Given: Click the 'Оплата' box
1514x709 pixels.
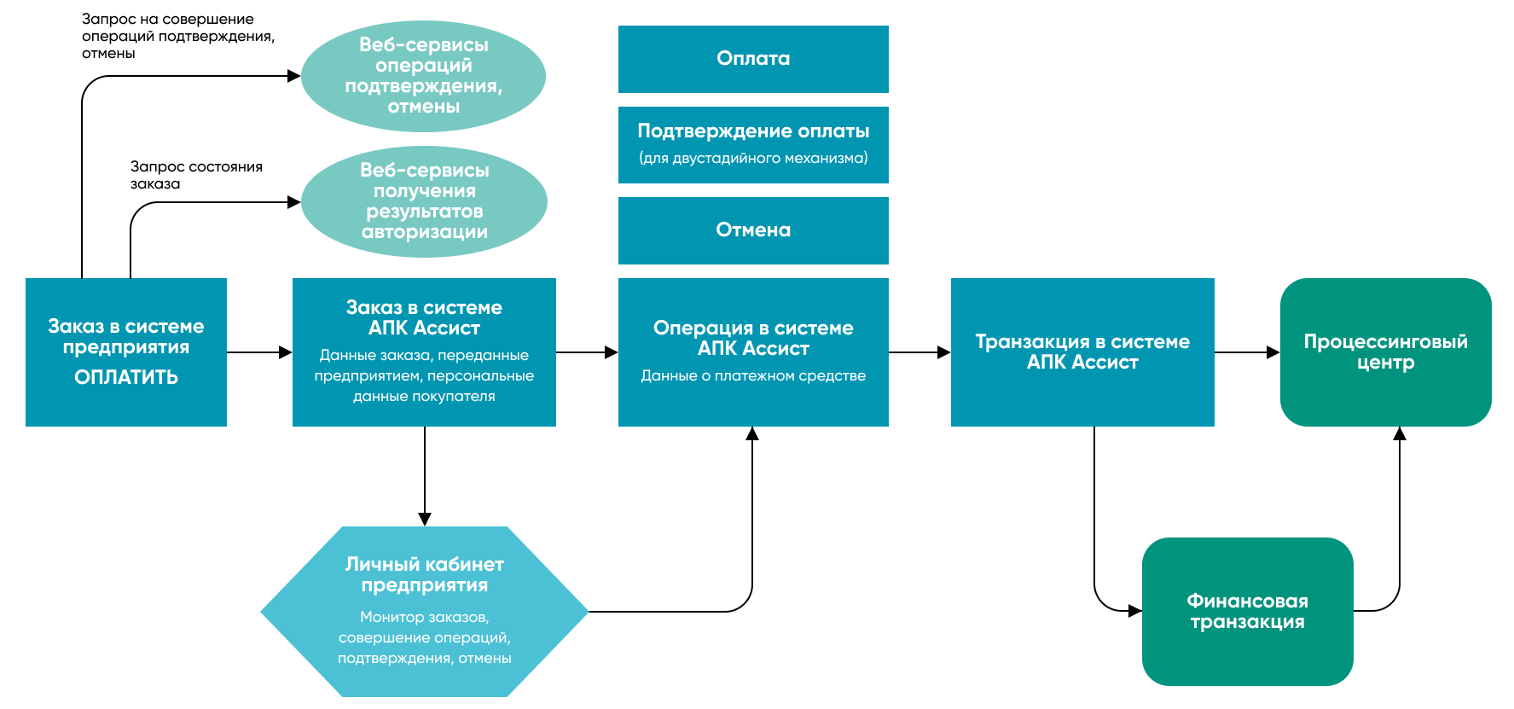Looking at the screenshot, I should click(753, 59).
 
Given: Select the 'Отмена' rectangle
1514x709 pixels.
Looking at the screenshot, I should click(753, 230).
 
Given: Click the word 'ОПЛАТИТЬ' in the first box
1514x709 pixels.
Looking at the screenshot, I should click(126, 377).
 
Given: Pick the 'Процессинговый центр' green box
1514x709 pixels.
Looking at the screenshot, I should click(1385, 352).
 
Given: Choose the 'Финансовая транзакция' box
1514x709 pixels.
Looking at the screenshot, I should click(1247, 611).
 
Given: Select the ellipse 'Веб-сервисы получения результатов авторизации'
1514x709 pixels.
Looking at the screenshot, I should click(424, 201).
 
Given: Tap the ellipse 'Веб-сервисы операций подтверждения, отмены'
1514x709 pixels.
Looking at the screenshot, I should click(424, 76).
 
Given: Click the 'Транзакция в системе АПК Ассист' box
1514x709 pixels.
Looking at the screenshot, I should click(1082, 352).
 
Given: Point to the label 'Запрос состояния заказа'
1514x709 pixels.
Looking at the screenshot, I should click(196, 175).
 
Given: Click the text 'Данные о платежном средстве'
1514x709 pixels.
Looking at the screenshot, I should click(753, 375).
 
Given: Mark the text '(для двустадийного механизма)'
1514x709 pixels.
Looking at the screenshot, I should click(753, 158).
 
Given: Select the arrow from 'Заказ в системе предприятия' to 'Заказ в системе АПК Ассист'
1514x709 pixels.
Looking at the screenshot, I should click(259, 352).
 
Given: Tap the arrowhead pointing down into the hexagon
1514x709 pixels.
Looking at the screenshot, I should click(425, 519).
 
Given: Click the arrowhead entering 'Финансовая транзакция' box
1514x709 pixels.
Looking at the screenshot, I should click(1134, 611).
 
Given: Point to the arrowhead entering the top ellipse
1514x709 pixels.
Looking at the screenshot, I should click(294, 76).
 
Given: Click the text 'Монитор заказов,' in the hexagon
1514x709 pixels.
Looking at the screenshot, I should click(424, 617).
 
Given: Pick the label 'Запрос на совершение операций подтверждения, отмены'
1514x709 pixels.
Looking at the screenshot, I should click(177, 36).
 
